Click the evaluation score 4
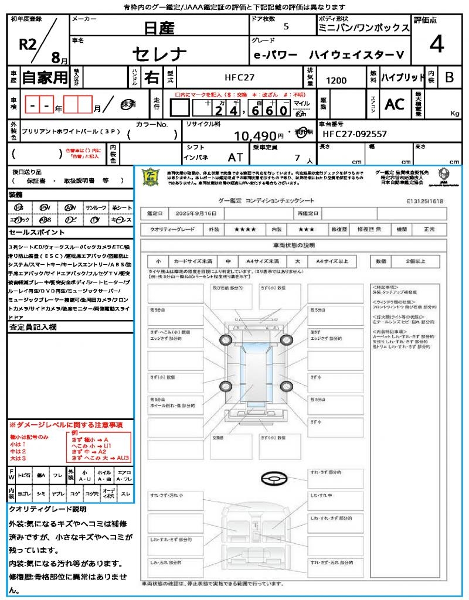click(x=436, y=45)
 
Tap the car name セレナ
click(x=159, y=54)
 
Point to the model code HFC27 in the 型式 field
click(x=240, y=77)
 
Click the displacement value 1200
click(x=336, y=81)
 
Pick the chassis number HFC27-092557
click(x=354, y=134)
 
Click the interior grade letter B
click(x=449, y=77)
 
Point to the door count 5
click(x=286, y=26)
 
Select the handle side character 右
click(x=151, y=77)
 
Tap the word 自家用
click(x=45, y=77)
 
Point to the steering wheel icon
click(x=273, y=479)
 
